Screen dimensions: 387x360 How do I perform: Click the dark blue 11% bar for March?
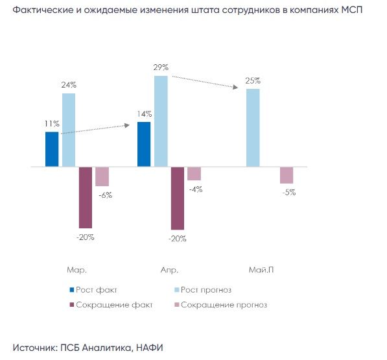(x=52, y=149)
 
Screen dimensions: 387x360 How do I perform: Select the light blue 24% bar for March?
(x=69, y=130)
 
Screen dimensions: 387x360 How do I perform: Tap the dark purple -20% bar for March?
(x=86, y=198)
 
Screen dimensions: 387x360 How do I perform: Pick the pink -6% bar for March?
(x=102, y=176)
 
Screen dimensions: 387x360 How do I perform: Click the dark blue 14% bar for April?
(x=144, y=144)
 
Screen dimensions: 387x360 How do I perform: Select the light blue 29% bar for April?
(x=161, y=121)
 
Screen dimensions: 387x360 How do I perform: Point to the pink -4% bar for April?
(x=194, y=174)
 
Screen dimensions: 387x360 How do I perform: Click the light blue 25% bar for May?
(x=253, y=128)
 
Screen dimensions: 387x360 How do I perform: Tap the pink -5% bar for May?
(x=287, y=175)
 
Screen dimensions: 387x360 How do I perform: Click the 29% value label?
(x=161, y=67)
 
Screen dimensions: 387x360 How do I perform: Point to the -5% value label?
(x=289, y=193)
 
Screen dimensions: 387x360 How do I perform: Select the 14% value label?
(x=145, y=114)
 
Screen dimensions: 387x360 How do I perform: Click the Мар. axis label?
(x=76, y=270)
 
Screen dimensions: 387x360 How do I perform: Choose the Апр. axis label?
(x=169, y=270)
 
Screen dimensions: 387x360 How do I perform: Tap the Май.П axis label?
(x=261, y=270)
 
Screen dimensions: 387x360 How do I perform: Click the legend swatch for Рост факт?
(x=72, y=290)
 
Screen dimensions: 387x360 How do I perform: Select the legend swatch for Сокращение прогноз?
(x=177, y=305)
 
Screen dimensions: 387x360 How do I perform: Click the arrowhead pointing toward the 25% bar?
(x=236, y=87)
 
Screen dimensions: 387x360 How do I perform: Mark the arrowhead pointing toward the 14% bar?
(x=127, y=125)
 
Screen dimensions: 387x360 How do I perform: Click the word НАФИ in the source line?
(x=150, y=348)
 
